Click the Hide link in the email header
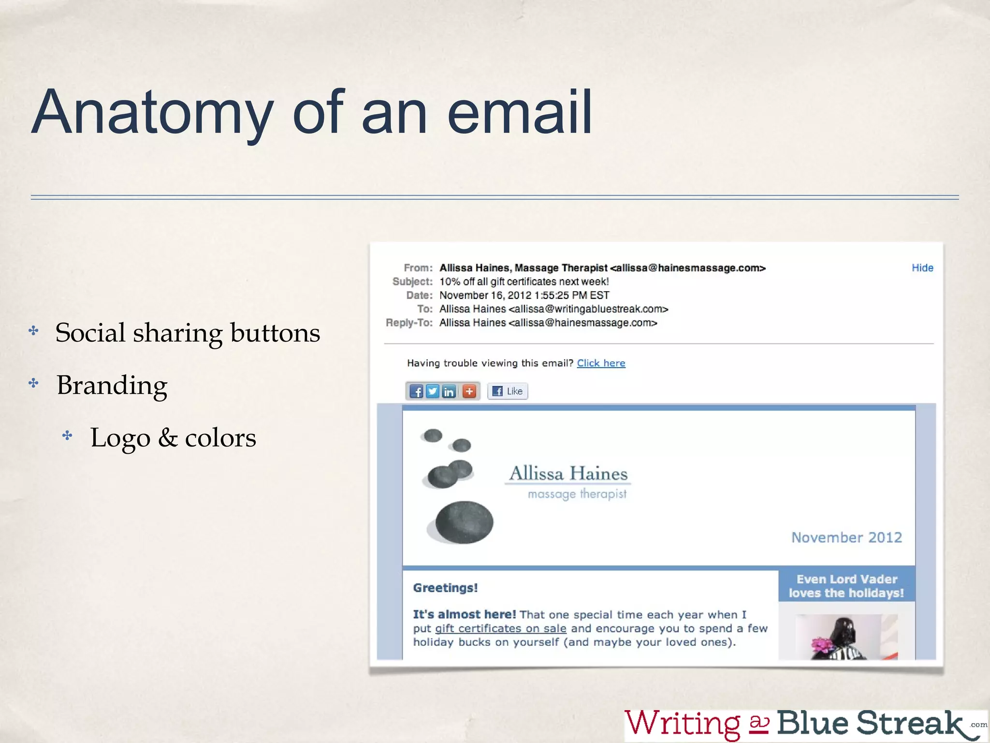click(x=922, y=268)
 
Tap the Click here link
click(x=601, y=363)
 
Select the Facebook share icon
click(x=416, y=391)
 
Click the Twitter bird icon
click(x=433, y=391)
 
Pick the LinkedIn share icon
click(x=449, y=391)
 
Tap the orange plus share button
click(x=469, y=391)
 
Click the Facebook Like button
click(x=508, y=391)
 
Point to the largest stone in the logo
click(x=464, y=522)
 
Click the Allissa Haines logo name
click(x=568, y=474)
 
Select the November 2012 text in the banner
click(x=846, y=537)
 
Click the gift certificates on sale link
click(x=500, y=628)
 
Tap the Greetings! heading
click(x=445, y=588)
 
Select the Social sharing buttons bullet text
click(x=188, y=333)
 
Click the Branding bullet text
click(x=112, y=385)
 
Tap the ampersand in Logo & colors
click(x=168, y=437)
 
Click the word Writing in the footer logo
click(x=683, y=724)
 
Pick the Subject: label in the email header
click(x=412, y=282)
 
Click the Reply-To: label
click(x=409, y=323)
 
